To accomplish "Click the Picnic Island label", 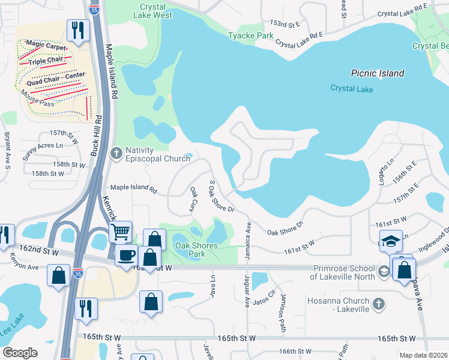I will click(378, 73).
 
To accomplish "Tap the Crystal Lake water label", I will click(352, 89).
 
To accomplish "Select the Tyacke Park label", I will click(250, 36).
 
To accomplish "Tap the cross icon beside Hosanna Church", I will click(378, 304).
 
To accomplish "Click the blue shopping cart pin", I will click(121, 231).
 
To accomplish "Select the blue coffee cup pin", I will click(125, 255).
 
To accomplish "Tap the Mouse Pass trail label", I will click(37, 98).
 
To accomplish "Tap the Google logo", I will click(20, 353).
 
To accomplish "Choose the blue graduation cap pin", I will click(391, 241).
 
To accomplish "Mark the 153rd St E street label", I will click(285, 23).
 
